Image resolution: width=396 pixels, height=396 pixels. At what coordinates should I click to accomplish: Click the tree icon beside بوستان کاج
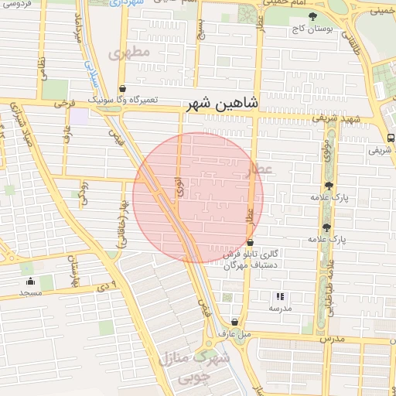pyautogui.click(x=312, y=15)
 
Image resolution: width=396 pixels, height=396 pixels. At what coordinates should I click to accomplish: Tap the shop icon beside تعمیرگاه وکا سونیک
pyautogui.click(x=124, y=88)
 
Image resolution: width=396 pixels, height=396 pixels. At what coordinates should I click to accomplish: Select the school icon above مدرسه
pyautogui.click(x=280, y=296)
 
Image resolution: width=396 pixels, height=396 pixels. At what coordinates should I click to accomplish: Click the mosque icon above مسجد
pyautogui.click(x=30, y=281)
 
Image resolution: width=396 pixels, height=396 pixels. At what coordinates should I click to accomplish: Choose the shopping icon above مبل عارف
pyautogui.click(x=234, y=323)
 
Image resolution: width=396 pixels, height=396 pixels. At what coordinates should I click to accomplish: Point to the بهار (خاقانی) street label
pyautogui.click(x=121, y=220)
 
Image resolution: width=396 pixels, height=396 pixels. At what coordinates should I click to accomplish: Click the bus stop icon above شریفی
pyautogui.click(x=391, y=138)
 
